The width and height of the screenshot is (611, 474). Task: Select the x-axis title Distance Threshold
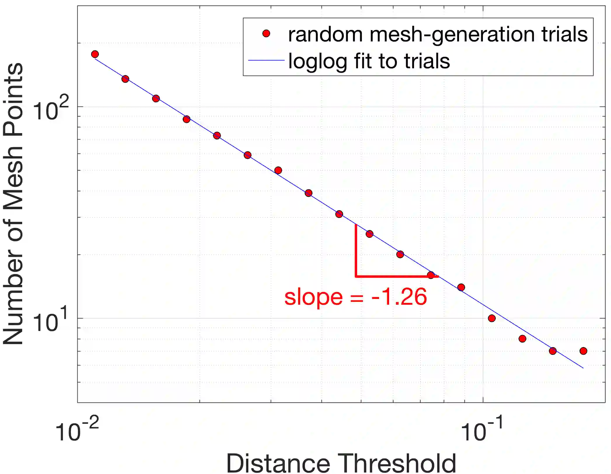341,463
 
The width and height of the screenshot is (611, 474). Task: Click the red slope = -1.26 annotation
355,297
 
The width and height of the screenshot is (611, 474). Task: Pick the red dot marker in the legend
266,34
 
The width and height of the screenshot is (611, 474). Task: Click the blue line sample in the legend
266,60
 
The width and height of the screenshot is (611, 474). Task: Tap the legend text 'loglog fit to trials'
369,61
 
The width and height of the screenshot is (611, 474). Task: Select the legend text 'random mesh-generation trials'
438,34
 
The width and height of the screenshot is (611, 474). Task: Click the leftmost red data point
95,54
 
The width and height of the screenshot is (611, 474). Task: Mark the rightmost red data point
583,351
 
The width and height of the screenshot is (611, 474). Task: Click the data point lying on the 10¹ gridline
492,318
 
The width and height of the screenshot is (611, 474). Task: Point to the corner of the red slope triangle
356,276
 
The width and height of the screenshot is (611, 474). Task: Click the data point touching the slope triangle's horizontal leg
431,275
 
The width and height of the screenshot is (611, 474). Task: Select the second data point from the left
125,79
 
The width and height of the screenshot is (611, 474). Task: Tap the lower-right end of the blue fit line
583,368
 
